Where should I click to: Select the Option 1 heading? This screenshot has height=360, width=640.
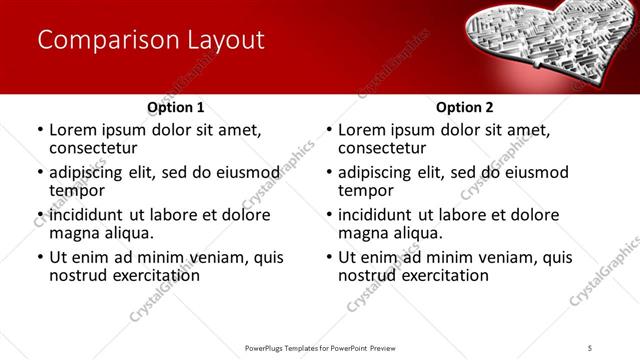tap(175, 106)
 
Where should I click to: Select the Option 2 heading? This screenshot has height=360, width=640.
tap(465, 106)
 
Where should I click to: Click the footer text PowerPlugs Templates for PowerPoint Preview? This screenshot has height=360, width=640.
tap(319, 347)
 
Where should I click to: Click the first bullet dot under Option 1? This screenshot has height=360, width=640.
tap(39, 130)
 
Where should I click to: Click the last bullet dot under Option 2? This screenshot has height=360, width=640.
tap(329, 257)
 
